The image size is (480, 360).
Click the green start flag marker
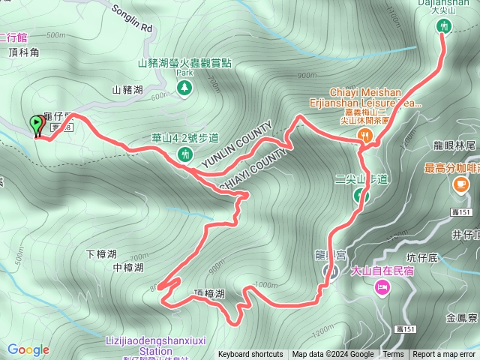36,125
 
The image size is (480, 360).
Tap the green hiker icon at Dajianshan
442,27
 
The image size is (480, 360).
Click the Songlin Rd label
131,20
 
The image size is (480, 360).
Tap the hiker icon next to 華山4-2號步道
184,154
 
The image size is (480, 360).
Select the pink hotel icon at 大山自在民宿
382,286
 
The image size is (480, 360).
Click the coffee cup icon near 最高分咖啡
459,187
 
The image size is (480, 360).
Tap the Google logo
28,349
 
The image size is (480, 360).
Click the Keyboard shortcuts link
250,355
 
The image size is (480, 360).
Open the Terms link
393,355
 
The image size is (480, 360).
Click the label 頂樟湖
209,294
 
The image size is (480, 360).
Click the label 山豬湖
127,89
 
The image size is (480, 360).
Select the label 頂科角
23,53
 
